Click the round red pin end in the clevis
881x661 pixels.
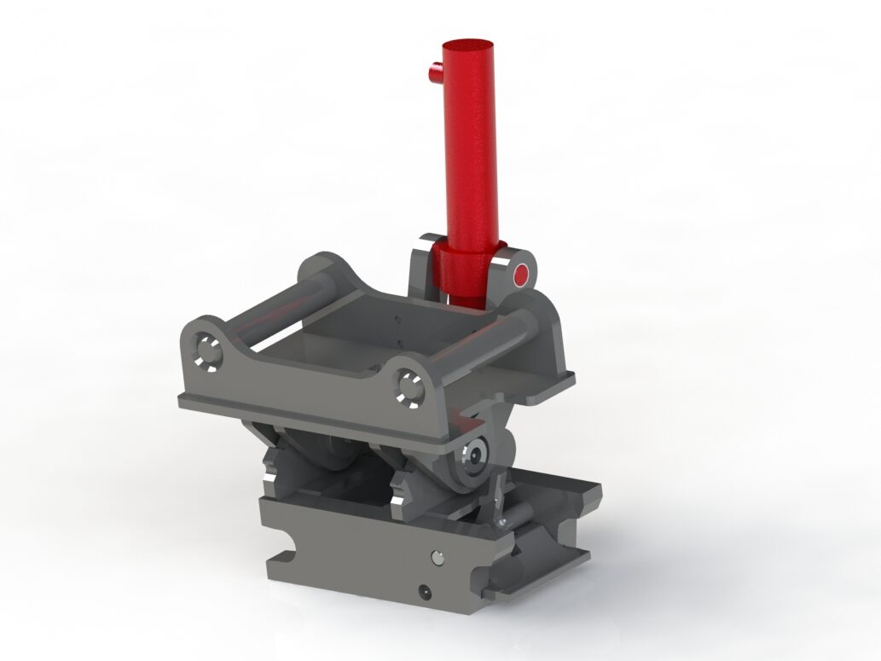click(522, 275)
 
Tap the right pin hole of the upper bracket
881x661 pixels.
click(409, 386)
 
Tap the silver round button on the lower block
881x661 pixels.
click(438, 556)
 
